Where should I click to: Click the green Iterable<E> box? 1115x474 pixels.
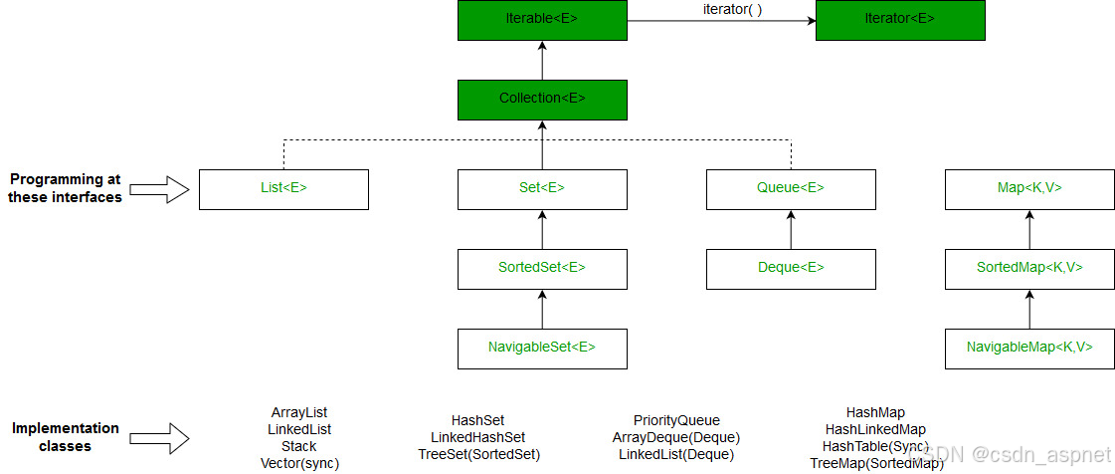[x=542, y=20]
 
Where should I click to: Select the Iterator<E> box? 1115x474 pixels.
[x=900, y=20]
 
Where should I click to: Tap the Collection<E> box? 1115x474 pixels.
[x=542, y=99]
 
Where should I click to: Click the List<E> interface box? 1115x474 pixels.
[x=283, y=188]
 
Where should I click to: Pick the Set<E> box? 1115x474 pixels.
[x=542, y=188]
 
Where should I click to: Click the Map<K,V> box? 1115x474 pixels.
[x=1029, y=188]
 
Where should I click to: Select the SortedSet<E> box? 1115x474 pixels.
[x=542, y=268]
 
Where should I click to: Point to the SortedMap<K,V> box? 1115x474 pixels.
[x=1029, y=268]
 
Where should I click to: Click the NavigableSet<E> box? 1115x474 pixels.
[x=542, y=348]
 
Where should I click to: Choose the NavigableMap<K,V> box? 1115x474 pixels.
[x=1029, y=348]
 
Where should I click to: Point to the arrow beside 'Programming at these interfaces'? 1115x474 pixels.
[x=159, y=189]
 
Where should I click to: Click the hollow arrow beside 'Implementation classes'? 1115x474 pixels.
[x=159, y=436]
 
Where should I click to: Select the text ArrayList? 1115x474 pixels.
[x=299, y=412]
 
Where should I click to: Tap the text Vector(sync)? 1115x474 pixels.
[x=299, y=463]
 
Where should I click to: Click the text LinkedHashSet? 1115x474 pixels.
[x=477, y=437]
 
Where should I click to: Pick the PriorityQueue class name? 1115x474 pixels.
[x=676, y=420]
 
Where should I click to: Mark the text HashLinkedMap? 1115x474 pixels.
[x=875, y=429]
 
